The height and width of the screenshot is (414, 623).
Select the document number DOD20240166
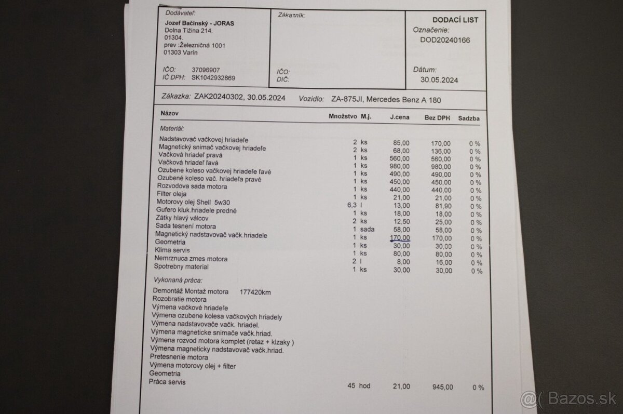(445, 39)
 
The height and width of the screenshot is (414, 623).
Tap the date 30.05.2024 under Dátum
(439, 79)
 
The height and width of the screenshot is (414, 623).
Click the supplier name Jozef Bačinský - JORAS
(199, 23)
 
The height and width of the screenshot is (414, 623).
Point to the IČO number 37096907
(206, 70)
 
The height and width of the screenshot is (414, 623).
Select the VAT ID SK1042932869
(213, 78)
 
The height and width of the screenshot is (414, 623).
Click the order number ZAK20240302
(218, 97)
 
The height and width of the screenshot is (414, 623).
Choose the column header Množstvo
(343, 117)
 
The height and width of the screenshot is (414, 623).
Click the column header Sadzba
(468, 118)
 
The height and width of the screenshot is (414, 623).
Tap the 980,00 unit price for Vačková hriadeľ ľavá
(399, 166)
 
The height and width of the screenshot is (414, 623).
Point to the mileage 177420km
(255, 292)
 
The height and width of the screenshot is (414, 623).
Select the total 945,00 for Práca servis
(442, 387)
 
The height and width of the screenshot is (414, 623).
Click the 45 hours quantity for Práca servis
(351, 385)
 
